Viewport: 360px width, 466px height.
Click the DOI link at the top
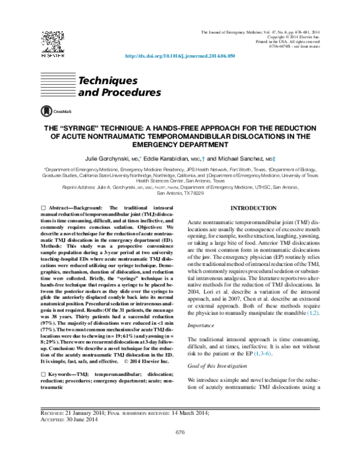pos(179,55)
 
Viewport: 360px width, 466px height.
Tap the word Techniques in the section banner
pos(104,80)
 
